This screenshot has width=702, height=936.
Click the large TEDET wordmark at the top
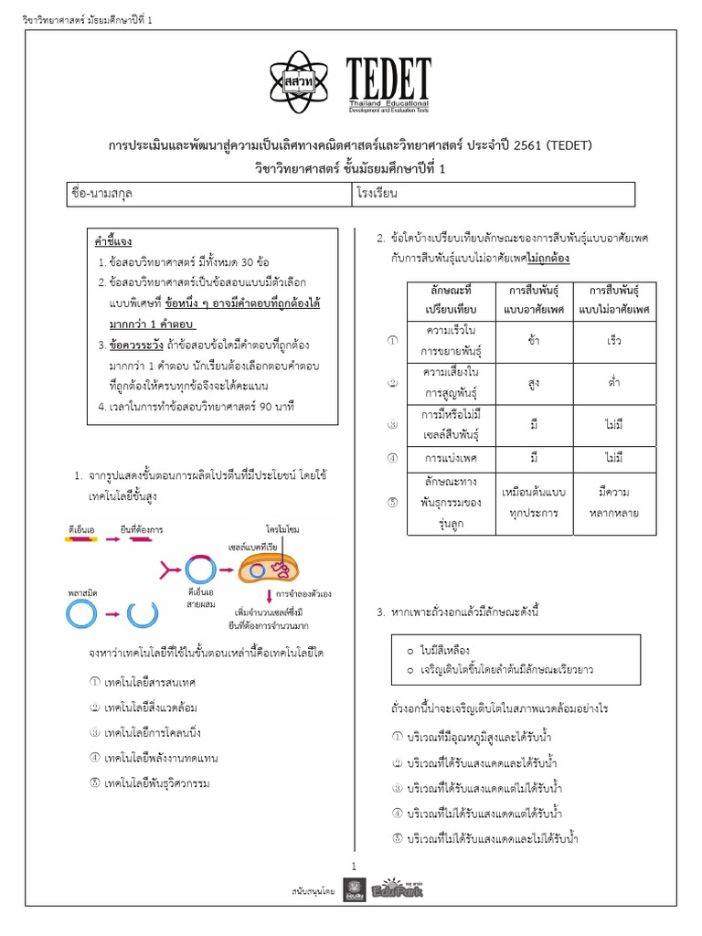pos(388,76)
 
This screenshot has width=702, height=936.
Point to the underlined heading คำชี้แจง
pos(113,242)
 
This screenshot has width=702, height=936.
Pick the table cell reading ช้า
pos(533,340)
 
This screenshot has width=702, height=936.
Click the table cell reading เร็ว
pos(614,340)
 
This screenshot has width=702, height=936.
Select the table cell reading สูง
pos(533,383)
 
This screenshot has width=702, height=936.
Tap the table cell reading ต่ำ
pos(614,383)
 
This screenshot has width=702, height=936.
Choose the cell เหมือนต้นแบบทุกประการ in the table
pos(533,502)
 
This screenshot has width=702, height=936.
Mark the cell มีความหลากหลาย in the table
pos(614,502)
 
